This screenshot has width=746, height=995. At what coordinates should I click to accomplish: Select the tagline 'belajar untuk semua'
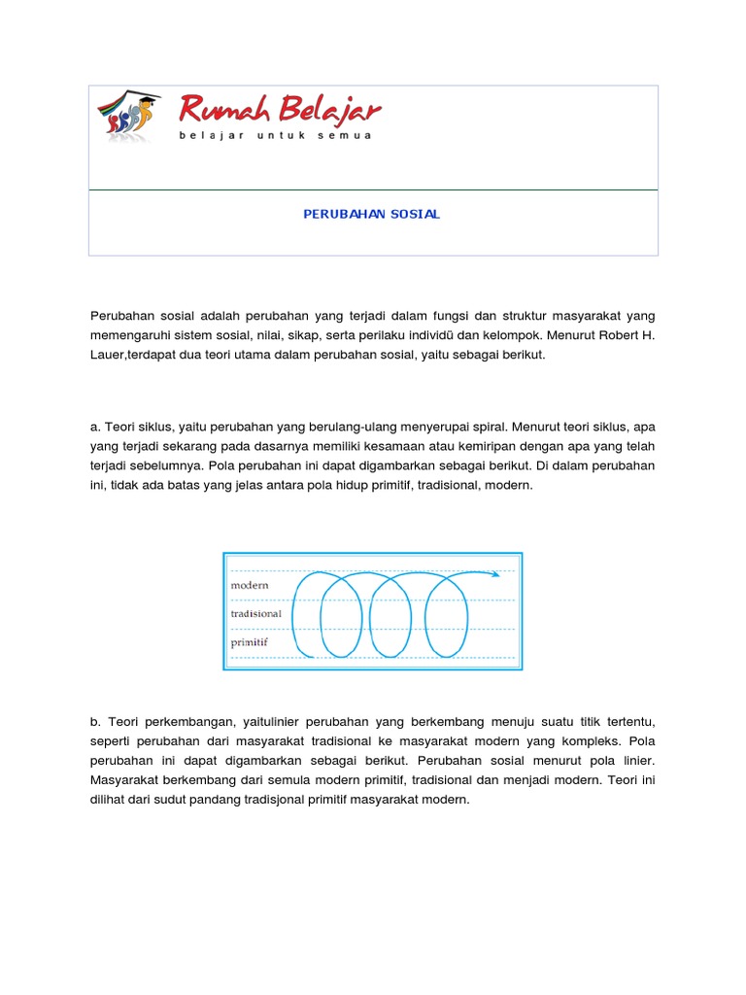point(275,135)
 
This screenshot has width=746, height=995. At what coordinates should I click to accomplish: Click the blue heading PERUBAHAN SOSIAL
point(372,214)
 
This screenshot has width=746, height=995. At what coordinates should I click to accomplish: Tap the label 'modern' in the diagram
point(250,586)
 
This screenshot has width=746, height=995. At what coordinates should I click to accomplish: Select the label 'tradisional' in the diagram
point(256,614)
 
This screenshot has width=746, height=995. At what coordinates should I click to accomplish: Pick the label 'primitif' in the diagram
point(250,642)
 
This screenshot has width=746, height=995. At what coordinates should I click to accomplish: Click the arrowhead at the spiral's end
point(495,573)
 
